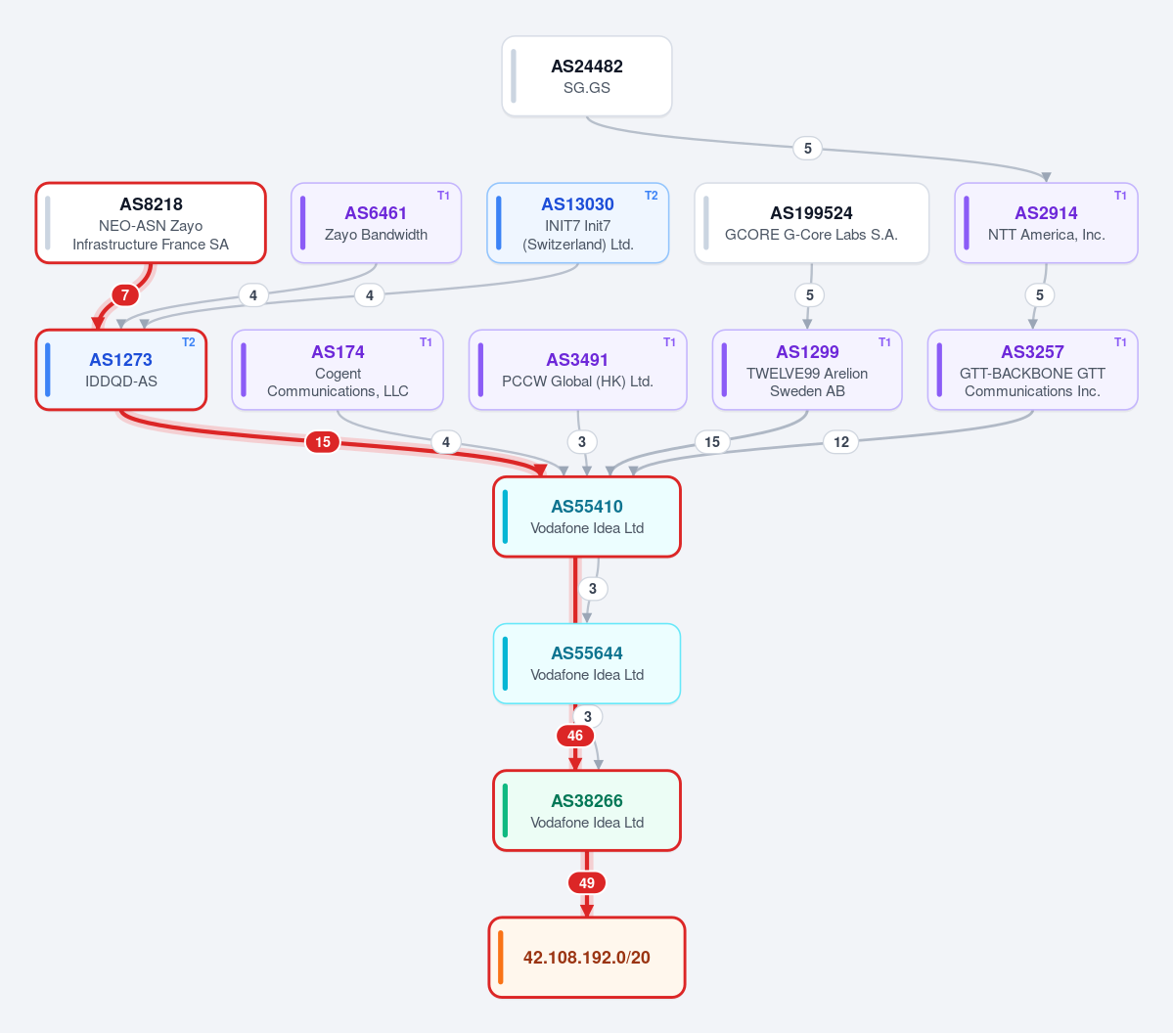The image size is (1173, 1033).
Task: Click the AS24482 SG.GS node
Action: tap(587, 76)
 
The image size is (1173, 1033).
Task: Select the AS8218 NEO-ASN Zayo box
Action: tap(151, 223)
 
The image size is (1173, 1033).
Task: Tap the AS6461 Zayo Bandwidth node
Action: tap(376, 223)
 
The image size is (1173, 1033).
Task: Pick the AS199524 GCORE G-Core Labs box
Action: tap(812, 223)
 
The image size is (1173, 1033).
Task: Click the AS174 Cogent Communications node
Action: tap(338, 371)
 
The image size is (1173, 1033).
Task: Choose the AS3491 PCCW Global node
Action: tap(577, 371)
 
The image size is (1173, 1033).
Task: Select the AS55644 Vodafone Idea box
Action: tap(587, 663)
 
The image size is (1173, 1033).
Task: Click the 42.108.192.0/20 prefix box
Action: tap(587, 958)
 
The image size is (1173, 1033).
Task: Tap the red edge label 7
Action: tap(125, 294)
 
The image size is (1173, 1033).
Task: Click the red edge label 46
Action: tap(575, 736)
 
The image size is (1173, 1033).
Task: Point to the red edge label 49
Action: tap(587, 883)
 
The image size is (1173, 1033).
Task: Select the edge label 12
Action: tap(840, 442)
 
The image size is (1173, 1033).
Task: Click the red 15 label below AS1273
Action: tap(323, 442)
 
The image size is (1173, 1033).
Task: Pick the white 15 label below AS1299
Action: tap(712, 442)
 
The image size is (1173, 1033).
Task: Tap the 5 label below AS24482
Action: tap(808, 148)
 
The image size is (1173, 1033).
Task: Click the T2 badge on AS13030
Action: tap(652, 196)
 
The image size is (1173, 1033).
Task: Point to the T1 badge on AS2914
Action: tap(1120, 196)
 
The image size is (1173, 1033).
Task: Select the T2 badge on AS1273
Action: tap(189, 342)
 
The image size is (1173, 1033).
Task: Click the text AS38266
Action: tap(587, 801)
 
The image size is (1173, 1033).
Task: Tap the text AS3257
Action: tap(1032, 352)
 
